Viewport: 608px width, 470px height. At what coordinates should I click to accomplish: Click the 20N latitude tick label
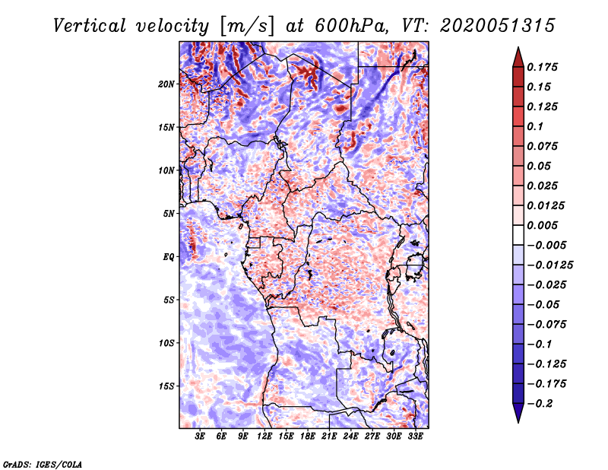[x=166, y=84]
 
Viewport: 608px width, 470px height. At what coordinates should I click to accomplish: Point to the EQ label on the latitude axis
[x=168, y=257]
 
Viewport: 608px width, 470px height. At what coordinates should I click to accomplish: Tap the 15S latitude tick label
[x=166, y=386]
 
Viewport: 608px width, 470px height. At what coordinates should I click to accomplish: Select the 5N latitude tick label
[x=169, y=214]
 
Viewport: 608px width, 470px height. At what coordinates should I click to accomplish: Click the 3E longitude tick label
[x=200, y=437]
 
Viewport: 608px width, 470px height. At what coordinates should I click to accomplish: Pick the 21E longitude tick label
[x=329, y=437]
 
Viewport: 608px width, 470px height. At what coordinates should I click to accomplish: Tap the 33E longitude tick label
[x=415, y=437]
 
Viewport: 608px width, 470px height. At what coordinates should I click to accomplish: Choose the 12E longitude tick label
[x=264, y=437]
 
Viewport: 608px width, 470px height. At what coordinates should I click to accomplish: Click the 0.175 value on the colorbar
[x=542, y=67]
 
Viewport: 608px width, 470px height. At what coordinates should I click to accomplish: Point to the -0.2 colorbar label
[x=540, y=404]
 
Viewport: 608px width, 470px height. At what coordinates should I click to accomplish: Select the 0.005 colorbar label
[x=542, y=225]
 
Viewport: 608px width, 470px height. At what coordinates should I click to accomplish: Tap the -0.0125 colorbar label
[x=549, y=265]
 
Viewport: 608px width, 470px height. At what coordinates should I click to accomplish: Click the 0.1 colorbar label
[x=535, y=126]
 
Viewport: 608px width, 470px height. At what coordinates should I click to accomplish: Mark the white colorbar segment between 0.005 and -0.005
[x=518, y=235]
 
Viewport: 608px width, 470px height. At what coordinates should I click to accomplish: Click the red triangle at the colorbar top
[x=518, y=59]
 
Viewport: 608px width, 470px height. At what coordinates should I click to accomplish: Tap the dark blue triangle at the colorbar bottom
[x=518, y=412]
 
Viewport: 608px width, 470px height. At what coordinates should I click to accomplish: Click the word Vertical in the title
[x=90, y=26]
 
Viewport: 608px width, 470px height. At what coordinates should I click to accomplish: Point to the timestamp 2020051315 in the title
[x=498, y=26]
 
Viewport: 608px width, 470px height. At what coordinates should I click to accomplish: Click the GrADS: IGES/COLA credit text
[x=43, y=464]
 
